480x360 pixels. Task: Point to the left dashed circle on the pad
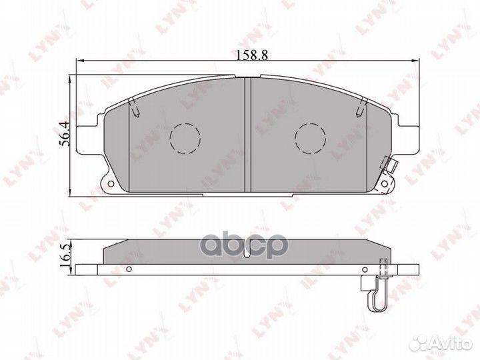pyautogui.click(x=185, y=138)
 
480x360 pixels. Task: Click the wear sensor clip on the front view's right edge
pyautogui.click(x=389, y=167)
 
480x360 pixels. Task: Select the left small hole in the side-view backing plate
pyautogui.click(x=131, y=269)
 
